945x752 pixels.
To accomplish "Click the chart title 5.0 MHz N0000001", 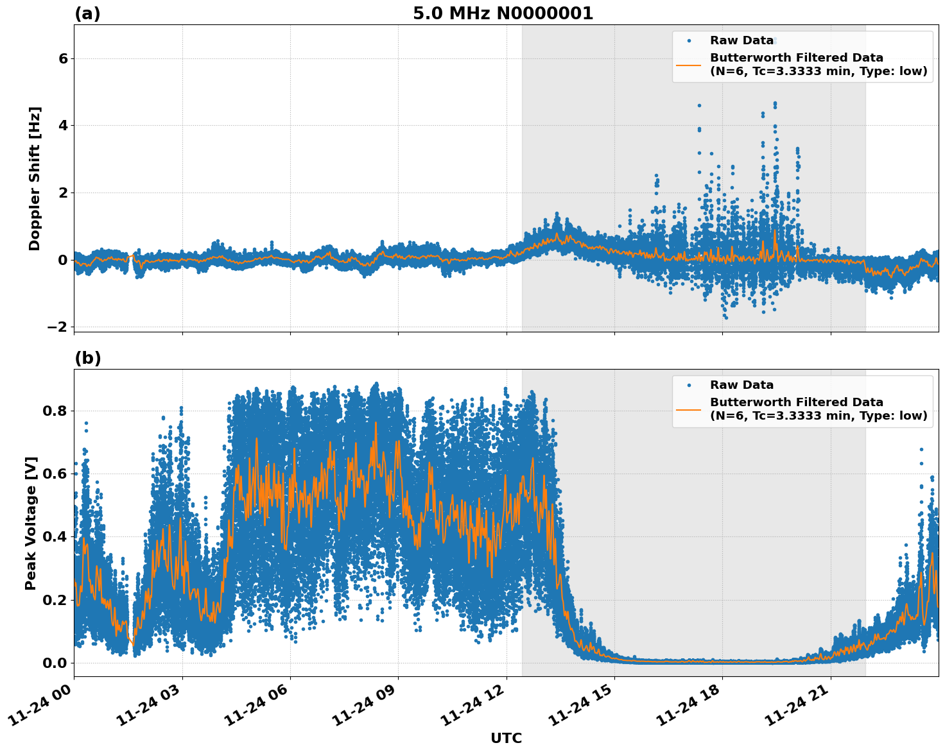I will coord(503,13).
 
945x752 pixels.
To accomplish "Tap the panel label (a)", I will coord(87,13).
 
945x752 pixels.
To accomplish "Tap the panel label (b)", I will coord(88,358).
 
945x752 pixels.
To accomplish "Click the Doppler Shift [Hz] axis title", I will coord(35,178).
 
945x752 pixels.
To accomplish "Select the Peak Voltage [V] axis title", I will coord(31,523).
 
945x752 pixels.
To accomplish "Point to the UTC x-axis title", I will coord(506,738).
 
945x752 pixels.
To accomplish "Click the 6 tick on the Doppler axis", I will coord(63,58).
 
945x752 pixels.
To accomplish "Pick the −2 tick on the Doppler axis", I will coord(57,327).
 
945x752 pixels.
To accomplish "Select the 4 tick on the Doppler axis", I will coord(63,126).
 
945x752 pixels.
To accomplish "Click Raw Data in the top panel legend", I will coord(741,40).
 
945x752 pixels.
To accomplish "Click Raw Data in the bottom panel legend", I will coord(741,385).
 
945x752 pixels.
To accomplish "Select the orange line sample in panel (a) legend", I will coord(689,64).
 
